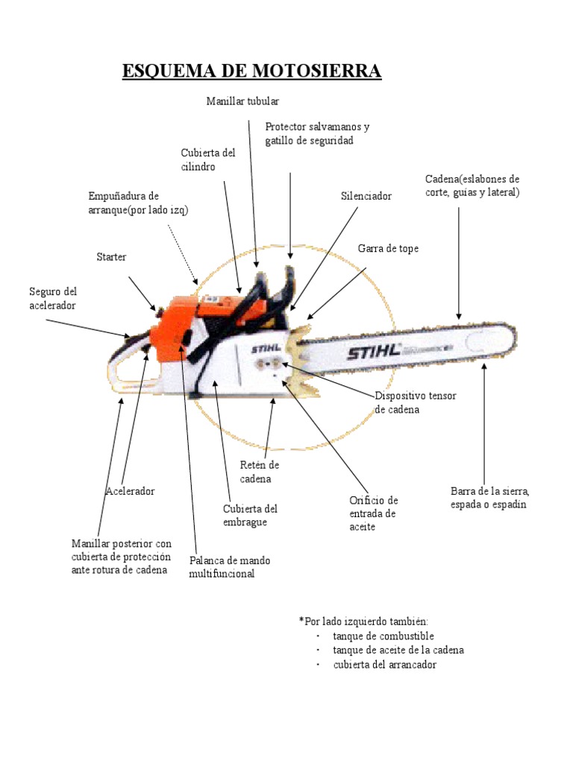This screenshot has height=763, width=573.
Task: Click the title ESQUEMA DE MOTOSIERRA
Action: [x=251, y=72]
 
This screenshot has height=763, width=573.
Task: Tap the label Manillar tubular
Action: [x=242, y=101]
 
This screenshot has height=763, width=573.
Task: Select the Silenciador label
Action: [x=366, y=196]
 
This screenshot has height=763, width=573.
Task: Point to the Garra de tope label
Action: [x=388, y=249]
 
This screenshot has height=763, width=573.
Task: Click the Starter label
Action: [x=111, y=257]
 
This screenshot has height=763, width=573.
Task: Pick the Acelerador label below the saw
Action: [x=130, y=492]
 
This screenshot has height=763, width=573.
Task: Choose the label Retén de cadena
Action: [x=254, y=472]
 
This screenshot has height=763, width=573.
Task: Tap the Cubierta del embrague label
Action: [x=250, y=516]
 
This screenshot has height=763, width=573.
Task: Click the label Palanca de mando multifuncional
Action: [x=230, y=567]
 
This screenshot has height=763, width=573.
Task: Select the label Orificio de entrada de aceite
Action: [x=374, y=513]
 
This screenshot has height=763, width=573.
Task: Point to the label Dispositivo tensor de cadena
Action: [x=415, y=402]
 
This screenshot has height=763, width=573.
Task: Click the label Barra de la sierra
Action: [x=489, y=498]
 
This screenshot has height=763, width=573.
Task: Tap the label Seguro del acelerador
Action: [x=53, y=298]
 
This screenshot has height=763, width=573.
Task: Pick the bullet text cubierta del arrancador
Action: [x=384, y=665]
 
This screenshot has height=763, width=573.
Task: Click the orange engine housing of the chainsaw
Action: [x=179, y=320]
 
